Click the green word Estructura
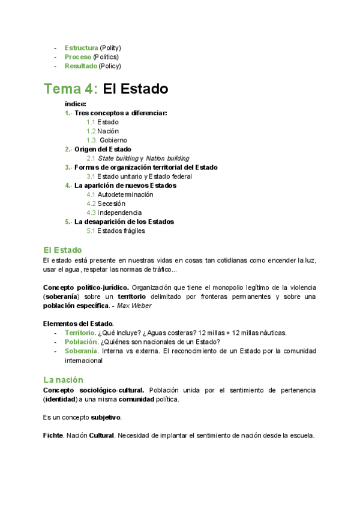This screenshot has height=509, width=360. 81,47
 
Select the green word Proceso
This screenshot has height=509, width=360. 78,56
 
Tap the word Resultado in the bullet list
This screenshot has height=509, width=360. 81,66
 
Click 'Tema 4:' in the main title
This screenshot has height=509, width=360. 71,89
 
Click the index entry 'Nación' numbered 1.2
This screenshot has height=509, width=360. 108,131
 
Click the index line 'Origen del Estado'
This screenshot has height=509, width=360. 103,149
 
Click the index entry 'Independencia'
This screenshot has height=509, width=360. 119,212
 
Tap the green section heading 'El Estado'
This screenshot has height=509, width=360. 62,249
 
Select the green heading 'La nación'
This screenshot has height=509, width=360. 63,379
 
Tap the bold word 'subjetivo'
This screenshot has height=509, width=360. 106,417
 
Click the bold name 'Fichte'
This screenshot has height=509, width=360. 53,435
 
